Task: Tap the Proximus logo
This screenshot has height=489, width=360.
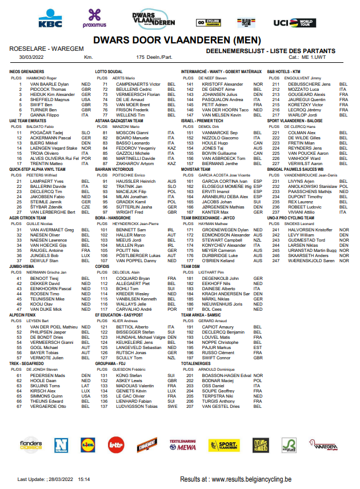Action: click(94, 19)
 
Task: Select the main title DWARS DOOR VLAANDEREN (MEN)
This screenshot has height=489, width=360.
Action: click(179, 41)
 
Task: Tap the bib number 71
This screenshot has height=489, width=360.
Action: click(105, 84)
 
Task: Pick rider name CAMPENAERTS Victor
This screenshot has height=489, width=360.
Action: click(139, 84)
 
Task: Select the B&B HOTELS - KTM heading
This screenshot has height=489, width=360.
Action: click(291, 71)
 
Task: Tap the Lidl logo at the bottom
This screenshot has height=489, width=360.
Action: click(87, 444)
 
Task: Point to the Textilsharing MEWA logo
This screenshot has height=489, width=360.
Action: click(183, 444)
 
